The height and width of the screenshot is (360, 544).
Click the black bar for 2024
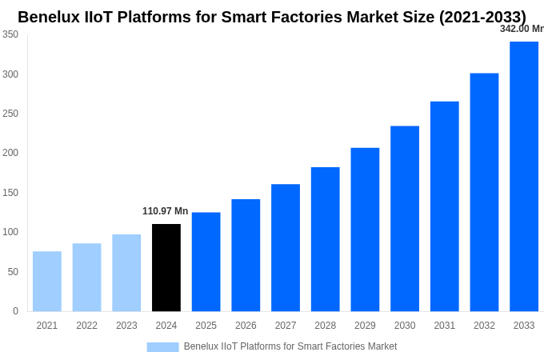point(166,267)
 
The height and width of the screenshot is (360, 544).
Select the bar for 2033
point(524,176)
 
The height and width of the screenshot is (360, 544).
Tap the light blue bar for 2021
point(47,281)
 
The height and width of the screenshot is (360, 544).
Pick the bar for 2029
point(365,230)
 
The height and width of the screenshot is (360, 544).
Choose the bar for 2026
point(246,255)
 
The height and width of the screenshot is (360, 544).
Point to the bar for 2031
point(444,206)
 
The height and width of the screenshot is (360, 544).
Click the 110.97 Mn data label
point(166,211)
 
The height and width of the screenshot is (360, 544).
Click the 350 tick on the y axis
point(10,34)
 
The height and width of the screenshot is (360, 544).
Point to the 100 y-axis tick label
point(10,232)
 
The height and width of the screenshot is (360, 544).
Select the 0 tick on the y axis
point(15,311)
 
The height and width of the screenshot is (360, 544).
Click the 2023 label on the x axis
point(126,326)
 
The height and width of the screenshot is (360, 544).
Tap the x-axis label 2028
point(325,326)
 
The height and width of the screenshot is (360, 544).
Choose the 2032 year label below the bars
point(484,326)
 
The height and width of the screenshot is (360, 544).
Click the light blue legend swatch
point(162,346)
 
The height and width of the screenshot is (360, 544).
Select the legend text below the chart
point(290,346)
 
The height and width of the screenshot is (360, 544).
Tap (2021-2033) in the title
point(482,17)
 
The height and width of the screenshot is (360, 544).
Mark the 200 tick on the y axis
point(10,153)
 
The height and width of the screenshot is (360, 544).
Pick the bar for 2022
point(86,277)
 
